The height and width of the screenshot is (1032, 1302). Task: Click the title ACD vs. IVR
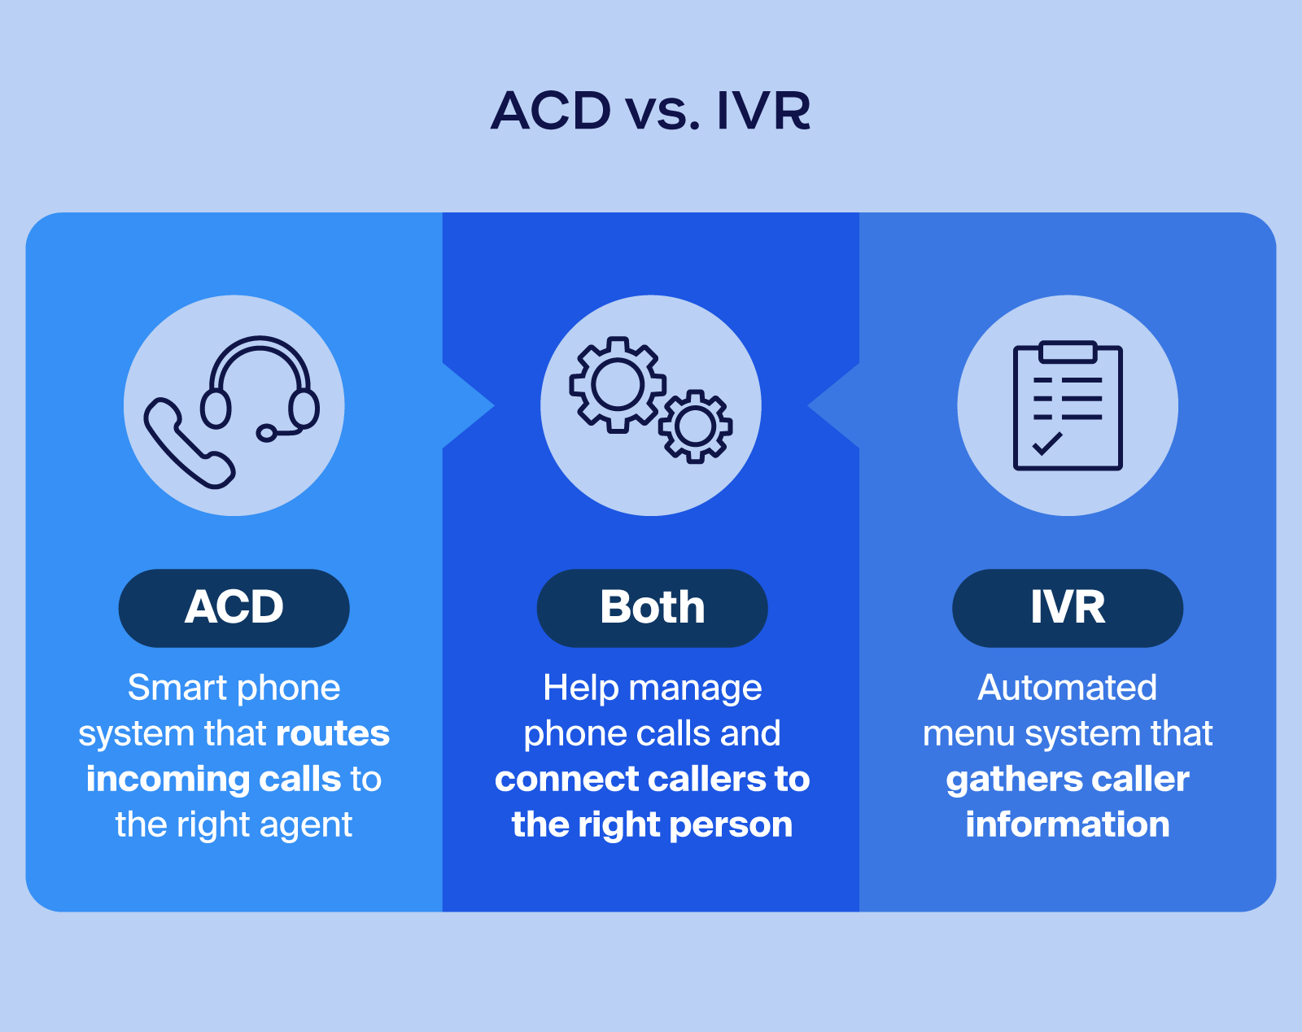[651, 111]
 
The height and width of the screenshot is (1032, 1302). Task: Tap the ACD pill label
[234, 607]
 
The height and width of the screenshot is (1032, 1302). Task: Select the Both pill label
[652, 607]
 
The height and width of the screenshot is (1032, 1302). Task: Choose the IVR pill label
[1068, 607]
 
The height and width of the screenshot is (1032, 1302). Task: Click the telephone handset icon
[187, 444]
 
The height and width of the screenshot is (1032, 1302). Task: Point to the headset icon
[260, 383]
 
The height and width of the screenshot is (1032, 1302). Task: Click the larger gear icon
[617, 384]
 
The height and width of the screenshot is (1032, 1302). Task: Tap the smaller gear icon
[695, 426]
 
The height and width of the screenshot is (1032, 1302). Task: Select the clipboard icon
[1068, 405]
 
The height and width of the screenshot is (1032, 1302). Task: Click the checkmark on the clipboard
[1046, 444]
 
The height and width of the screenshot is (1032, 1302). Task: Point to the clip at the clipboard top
[1068, 351]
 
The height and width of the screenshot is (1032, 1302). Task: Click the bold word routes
[333, 733]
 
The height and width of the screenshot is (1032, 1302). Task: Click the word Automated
[1067, 688]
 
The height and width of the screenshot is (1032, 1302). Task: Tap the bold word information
[1067, 824]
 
